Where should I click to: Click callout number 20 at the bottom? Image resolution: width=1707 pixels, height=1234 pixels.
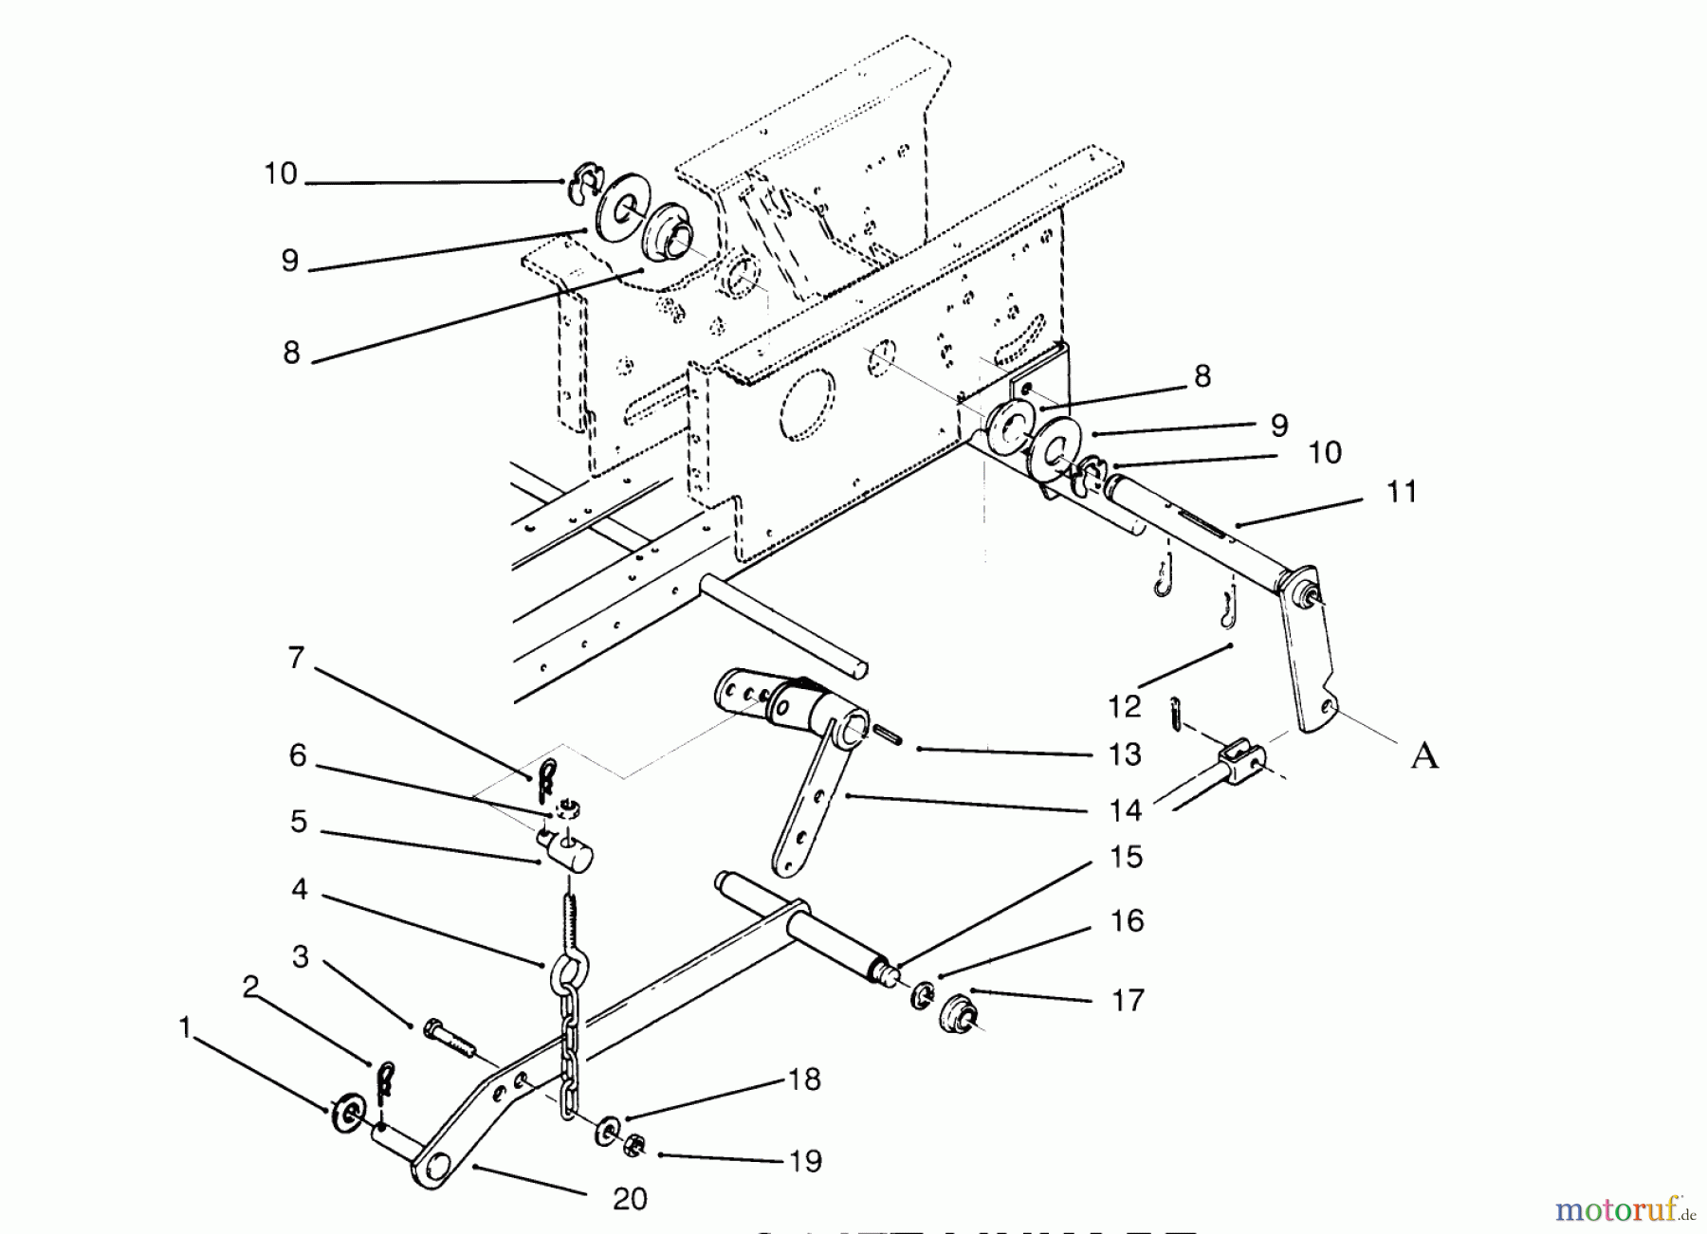(630, 1199)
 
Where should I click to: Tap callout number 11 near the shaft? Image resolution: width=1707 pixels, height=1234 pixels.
(1401, 492)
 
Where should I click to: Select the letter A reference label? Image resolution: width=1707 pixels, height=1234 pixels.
(1424, 756)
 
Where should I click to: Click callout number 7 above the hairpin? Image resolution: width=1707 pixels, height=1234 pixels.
(296, 657)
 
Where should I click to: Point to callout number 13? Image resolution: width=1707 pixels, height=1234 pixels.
(1125, 755)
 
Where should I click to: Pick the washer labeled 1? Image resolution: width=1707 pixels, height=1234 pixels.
(342, 1109)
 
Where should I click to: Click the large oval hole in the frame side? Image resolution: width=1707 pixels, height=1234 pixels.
(806, 406)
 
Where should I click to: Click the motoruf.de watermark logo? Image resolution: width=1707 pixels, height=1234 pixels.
(1624, 1209)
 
